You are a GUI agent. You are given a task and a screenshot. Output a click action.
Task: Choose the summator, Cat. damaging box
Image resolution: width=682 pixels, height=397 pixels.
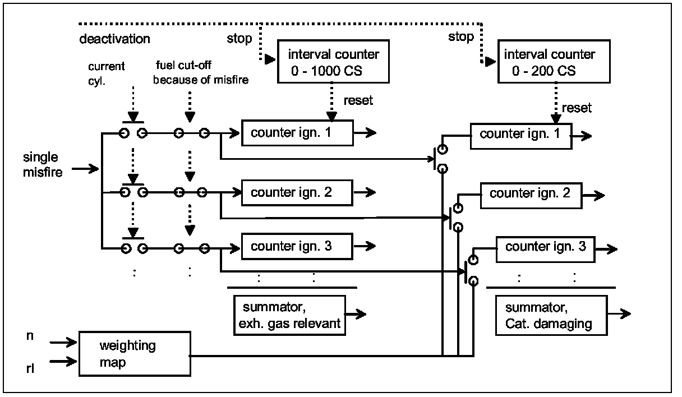tap(551, 316)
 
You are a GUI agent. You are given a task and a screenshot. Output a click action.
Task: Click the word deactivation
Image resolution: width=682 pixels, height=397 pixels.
tap(115, 39)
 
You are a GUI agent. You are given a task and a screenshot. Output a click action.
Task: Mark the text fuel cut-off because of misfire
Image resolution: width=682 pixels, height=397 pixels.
tap(200, 73)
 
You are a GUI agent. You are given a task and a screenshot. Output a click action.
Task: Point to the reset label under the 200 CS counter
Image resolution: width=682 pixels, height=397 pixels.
tap(576, 108)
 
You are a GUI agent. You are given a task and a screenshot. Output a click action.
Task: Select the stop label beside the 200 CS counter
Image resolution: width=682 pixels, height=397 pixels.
tap(460, 38)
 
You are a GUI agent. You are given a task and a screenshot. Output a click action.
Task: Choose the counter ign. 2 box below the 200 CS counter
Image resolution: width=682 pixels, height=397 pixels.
tap(530, 194)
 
